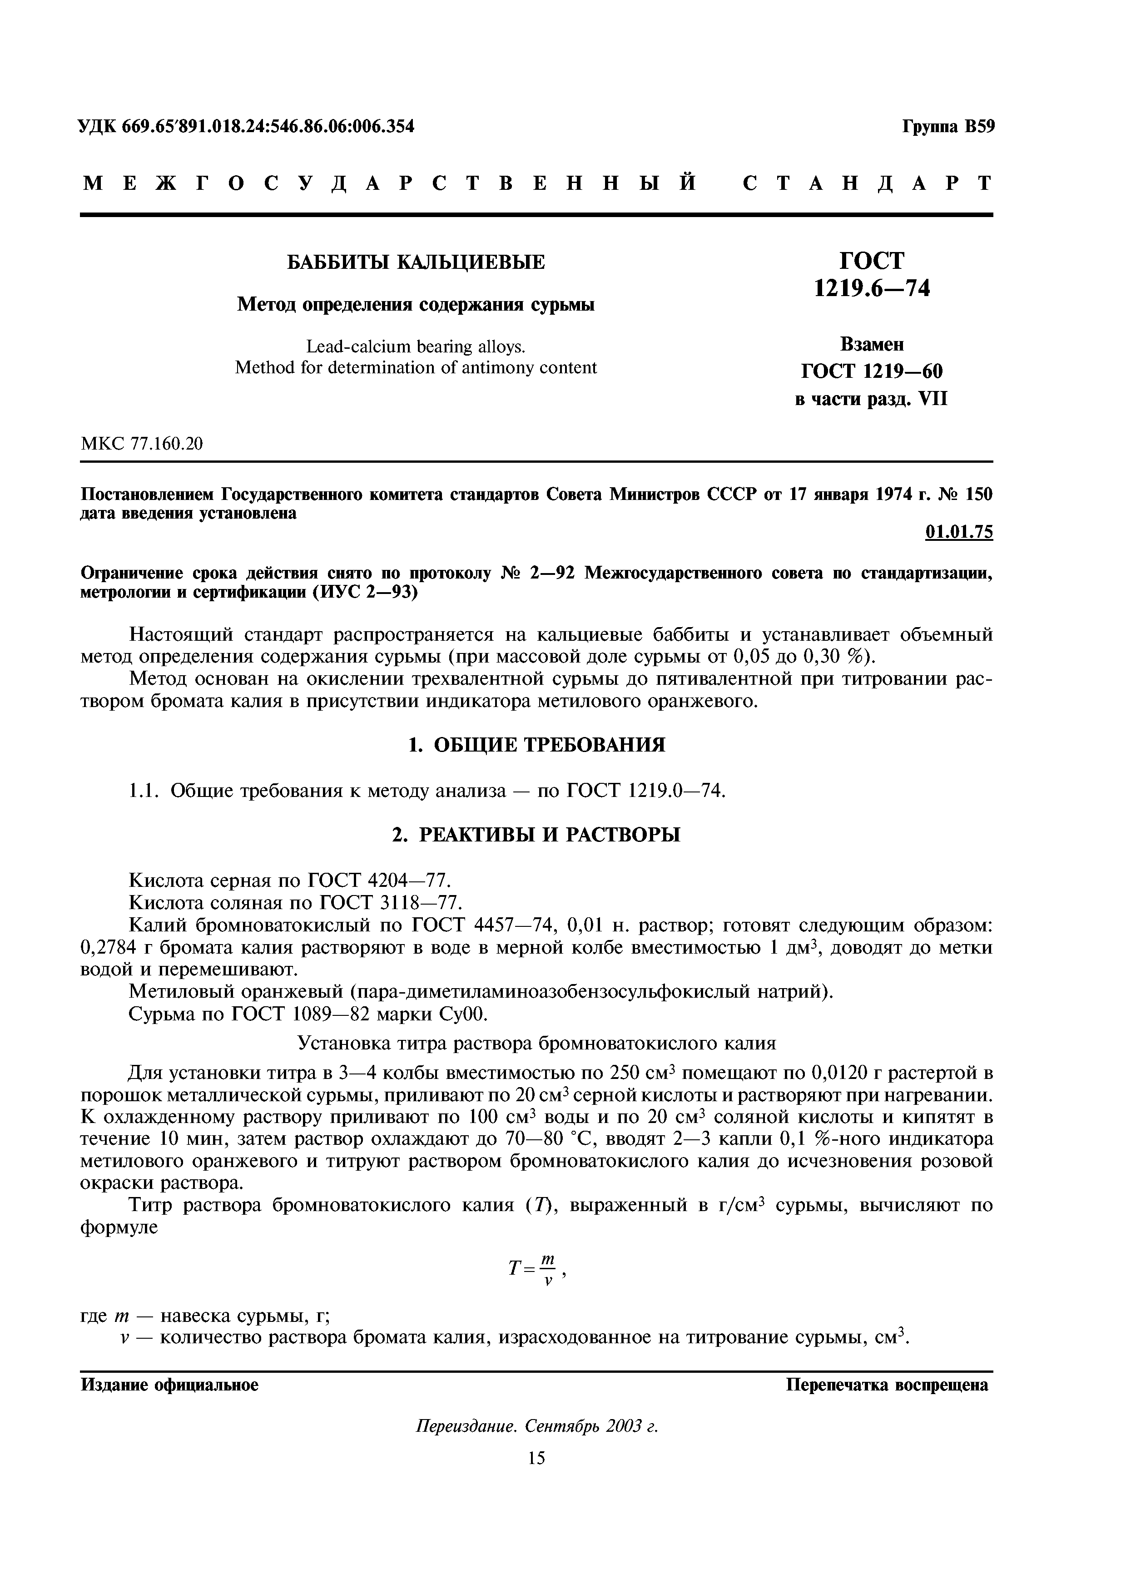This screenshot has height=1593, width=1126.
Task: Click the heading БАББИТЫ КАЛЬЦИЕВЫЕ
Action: [x=416, y=262]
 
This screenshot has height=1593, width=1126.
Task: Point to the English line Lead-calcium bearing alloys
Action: [x=416, y=346]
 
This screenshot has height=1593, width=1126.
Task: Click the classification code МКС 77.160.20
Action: [x=142, y=443]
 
